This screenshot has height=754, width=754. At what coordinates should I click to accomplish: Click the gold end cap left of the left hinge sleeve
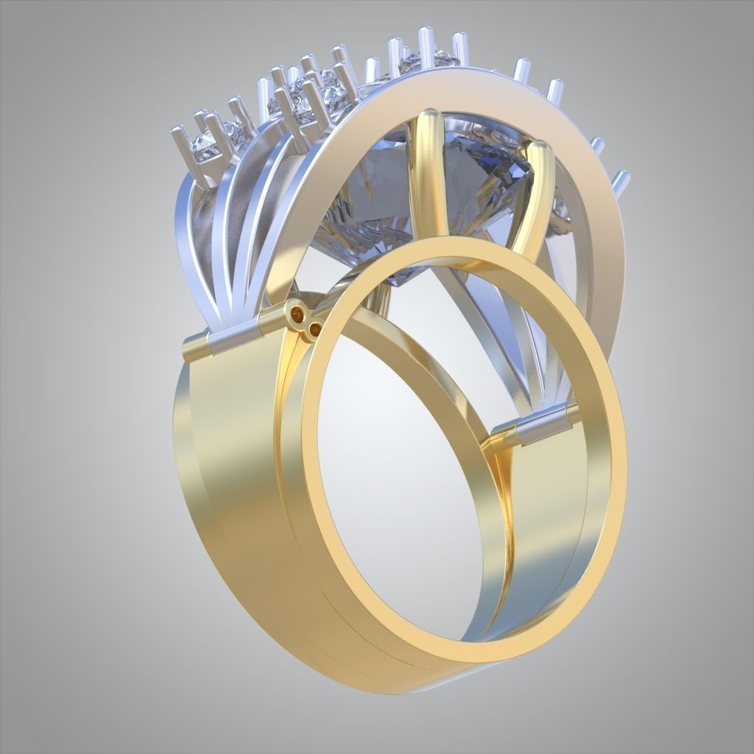[x=195, y=347]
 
